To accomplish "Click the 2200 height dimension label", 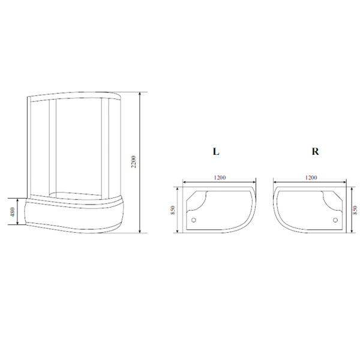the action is pos(133,162).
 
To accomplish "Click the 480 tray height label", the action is pos(13,212).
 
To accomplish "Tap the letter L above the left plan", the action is pos(216,152).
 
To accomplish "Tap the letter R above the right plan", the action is pos(315,152).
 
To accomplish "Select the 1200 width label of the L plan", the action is pos(220,178).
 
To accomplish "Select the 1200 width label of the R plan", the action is pos(311,178).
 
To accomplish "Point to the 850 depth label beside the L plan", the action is pos(173,210).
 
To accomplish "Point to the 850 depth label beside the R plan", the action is pos(355,210).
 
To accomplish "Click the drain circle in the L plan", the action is pos(194,220).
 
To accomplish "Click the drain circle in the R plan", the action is pos(335,220).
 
